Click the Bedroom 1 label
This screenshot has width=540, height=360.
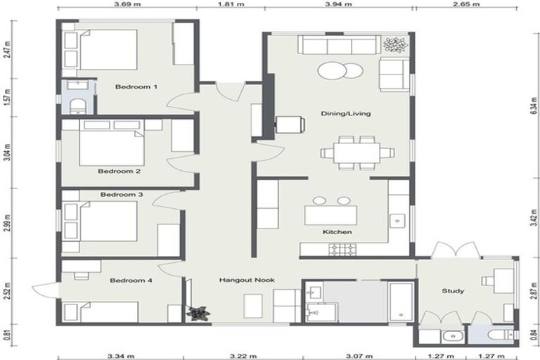136,87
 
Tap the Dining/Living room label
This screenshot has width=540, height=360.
345,113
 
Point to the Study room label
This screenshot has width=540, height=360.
453,290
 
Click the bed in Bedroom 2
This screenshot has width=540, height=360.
111,148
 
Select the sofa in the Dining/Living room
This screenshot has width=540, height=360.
339,46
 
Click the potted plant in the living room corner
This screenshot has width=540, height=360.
395,45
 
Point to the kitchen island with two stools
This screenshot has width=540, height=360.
330,214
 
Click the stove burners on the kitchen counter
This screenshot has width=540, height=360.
344,249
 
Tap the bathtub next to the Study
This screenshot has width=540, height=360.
401,302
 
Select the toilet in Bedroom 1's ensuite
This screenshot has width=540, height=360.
77,107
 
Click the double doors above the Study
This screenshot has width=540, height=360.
456,250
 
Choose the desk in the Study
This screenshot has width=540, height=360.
501,280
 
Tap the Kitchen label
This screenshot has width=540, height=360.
337,232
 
